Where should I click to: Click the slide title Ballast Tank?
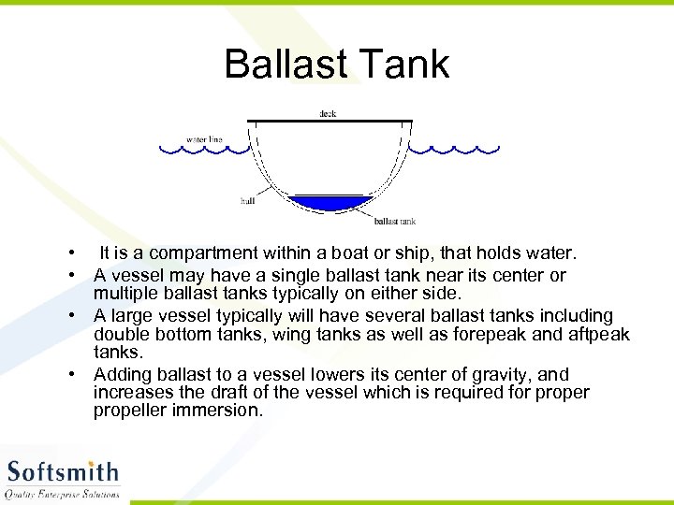click(x=337, y=64)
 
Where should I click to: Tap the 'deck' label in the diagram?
click(x=328, y=114)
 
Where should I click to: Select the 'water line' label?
click(x=204, y=139)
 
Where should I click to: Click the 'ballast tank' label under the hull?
click(x=394, y=222)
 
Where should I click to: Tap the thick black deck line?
click(x=329, y=122)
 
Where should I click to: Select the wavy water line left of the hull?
click(x=200, y=149)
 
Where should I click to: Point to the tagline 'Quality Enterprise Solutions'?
click(x=63, y=493)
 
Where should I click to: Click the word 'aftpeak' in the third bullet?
click(x=597, y=335)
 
